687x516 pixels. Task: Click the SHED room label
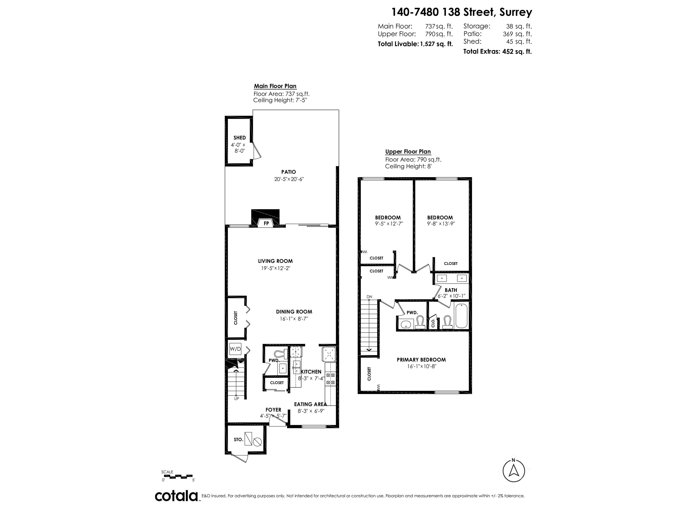pyautogui.click(x=240, y=138)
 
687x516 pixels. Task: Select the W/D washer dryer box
pyautogui.click(x=235, y=349)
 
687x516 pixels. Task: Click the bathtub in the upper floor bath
pyautogui.click(x=461, y=316)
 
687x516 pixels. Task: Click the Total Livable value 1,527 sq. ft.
pyautogui.click(x=436, y=44)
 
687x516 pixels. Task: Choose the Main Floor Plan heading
pyautogui.click(x=275, y=86)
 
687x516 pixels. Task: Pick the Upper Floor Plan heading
pyautogui.click(x=408, y=152)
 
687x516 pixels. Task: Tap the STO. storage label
pyautogui.click(x=238, y=439)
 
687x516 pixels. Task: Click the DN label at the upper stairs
pyautogui.click(x=369, y=297)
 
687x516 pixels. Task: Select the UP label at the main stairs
pyautogui.click(x=236, y=399)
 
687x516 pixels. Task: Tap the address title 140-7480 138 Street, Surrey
pyautogui.click(x=462, y=12)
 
